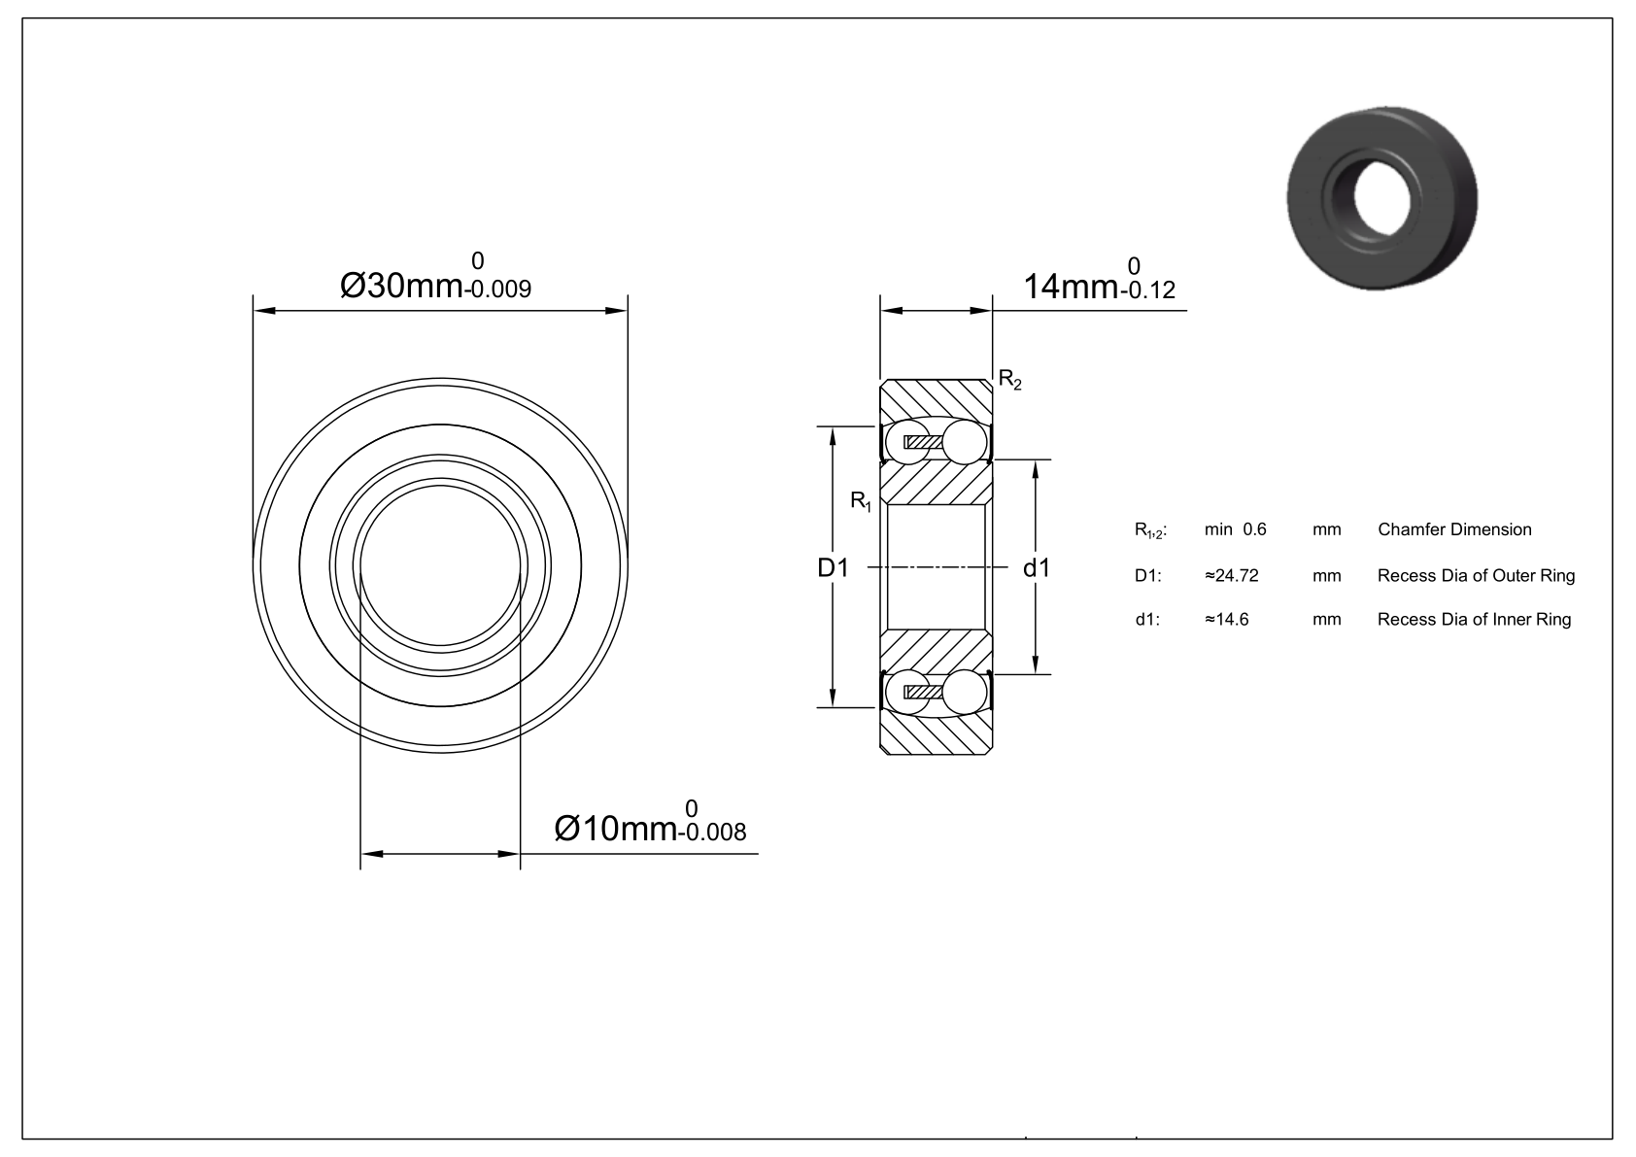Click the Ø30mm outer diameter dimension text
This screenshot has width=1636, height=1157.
coord(401,286)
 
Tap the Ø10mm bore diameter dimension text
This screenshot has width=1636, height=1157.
coord(615,829)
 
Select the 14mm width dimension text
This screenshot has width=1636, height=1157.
coord(1071,287)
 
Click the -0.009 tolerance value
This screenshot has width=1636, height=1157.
coord(497,290)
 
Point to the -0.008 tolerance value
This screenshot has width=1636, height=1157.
coord(712,833)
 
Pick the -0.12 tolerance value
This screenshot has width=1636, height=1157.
coord(1147,290)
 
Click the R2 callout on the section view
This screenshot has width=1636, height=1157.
coord(1010,379)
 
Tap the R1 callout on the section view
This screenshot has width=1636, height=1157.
coord(861,502)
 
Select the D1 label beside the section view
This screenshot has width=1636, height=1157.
coord(834,567)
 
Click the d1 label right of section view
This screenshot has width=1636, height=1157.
coord(1037,567)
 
